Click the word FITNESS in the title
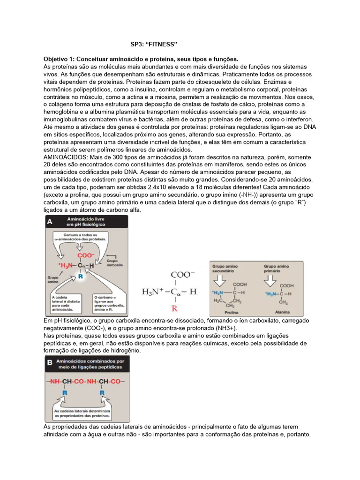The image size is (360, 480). coord(163,45)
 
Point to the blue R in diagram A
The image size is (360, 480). coord(81,277)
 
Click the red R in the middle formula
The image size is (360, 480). coord(174,308)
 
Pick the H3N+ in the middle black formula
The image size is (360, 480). coord(154,292)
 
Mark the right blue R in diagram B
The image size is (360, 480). coord(101,393)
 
